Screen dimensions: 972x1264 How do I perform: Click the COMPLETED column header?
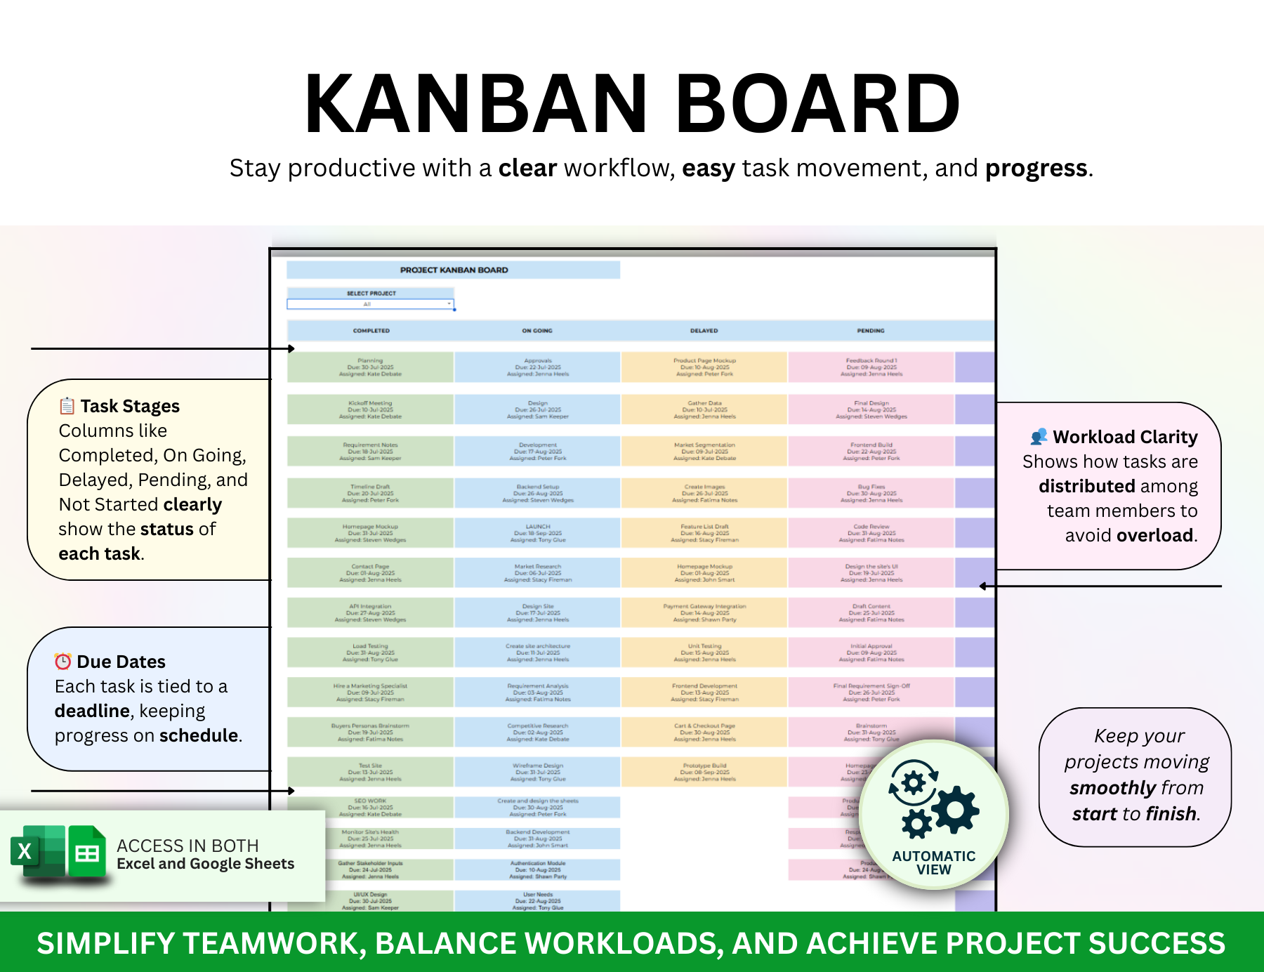tap(371, 331)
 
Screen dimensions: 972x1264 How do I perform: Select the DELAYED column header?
tap(704, 331)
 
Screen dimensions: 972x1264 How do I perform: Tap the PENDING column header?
tap(871, 331)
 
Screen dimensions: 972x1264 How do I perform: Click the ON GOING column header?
tap(537, 331)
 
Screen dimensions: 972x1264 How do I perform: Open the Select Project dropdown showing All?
tap(371, 304)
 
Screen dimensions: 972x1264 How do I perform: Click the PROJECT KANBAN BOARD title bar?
tap(454, 270)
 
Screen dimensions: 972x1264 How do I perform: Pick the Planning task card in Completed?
tap(370, 367)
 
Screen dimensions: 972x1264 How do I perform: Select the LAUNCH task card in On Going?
tap(538, 533)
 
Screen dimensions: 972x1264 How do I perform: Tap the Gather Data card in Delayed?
tap(704, 409)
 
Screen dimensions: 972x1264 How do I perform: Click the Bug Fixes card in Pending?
tap(871, 493)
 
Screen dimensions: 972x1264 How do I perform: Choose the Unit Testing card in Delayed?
tap(704, 652)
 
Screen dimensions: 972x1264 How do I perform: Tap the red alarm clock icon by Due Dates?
tap(63, 662)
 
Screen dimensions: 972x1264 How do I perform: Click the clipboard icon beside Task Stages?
tap(67, 406)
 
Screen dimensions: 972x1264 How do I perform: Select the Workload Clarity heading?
tap(1124, 437)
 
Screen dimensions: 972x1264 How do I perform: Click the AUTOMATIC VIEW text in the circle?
tap(933, 862)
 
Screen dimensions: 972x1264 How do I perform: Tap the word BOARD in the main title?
tap(817, 103)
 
